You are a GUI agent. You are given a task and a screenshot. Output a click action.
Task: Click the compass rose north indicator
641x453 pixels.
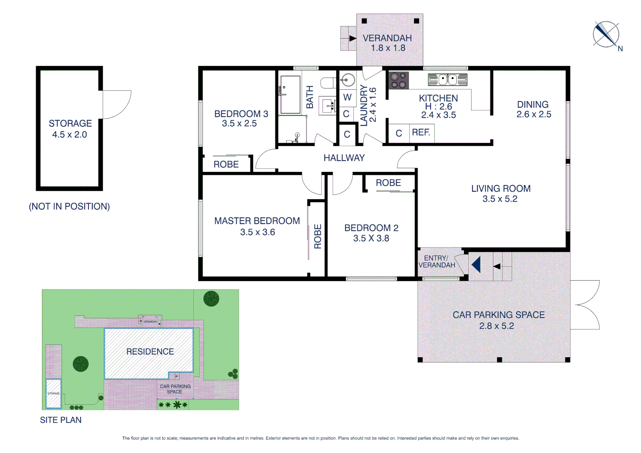click(x=606, y=34)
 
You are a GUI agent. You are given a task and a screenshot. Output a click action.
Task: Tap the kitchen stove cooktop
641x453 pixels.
click(x=398, y=80)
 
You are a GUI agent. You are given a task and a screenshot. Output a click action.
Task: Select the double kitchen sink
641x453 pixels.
click(x=447, y=79)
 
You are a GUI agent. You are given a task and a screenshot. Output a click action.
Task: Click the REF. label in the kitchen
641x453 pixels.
click(x=421, y=133)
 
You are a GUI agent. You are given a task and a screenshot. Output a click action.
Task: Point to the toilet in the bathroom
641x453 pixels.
click(x=328, y=83)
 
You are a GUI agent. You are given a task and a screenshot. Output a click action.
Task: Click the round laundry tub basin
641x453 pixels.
click(x=347, y=79)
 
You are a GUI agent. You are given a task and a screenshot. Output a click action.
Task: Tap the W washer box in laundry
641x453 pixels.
click(x=347, y=97)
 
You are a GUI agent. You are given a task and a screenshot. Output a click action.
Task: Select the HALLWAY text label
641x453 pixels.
click(x=344, y=158)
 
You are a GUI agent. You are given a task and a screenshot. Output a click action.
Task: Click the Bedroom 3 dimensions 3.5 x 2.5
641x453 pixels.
click(x=239, y=124)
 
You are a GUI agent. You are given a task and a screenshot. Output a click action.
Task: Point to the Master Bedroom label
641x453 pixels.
click(x=257, y=221)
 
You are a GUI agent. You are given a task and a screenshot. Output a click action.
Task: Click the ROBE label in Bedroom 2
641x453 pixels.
click(x=388, y=183)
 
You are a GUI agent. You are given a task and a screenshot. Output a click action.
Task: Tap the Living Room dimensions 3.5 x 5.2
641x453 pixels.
click(x=500, y=199)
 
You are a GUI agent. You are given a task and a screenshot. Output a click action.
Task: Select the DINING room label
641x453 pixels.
click(x=532, y=104)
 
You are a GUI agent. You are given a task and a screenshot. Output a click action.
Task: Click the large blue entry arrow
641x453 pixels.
click(x=476, y=265)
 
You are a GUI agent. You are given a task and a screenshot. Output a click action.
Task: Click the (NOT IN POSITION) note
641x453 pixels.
click(x=69, y=206)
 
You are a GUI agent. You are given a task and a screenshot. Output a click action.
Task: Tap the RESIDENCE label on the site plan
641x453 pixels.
click(x=150, y=351)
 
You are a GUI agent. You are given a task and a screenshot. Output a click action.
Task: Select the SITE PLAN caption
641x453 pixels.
click(x=61, y=420)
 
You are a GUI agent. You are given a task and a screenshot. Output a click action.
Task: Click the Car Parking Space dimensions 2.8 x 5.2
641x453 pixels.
click(x=496, y=326)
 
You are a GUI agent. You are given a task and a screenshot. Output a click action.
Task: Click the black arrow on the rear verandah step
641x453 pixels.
click(x=353, y=39)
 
